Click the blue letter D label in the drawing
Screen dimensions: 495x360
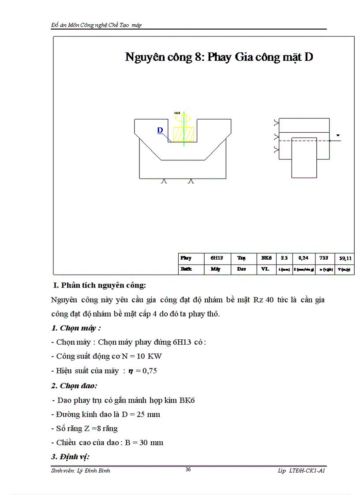[160, 130]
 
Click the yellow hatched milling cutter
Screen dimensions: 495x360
[183, 134]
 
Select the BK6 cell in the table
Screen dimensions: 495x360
[266, 258]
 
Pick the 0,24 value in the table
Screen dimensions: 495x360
[304, 258]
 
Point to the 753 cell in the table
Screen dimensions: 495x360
[324, 258]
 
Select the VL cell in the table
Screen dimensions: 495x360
[266, 268]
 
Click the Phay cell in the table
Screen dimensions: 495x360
[186, 258]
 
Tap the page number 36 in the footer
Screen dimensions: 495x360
[188, 469]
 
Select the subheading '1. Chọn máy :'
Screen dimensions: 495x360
[76, 328]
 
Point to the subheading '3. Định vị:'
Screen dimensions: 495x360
[71, 457]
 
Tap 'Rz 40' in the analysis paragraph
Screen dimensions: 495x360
[263, 300]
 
